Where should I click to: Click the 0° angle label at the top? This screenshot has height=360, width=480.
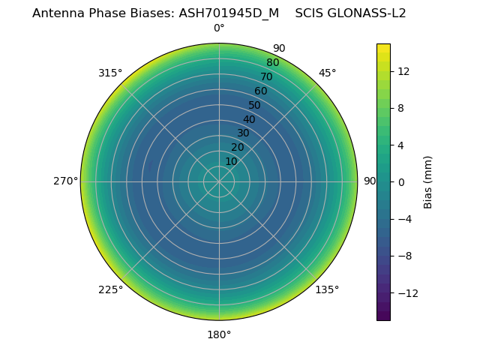pos(219,28)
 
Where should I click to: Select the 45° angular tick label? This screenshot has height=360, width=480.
pos(327,73)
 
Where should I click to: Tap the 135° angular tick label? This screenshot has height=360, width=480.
pos(327,289)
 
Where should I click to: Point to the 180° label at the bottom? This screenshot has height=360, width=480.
pos(219,334)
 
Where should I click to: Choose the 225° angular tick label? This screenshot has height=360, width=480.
pos(110,289)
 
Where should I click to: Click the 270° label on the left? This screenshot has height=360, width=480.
pos(65,181)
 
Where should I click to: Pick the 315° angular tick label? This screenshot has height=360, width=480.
pos(110,73)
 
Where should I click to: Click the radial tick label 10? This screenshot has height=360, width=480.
pos(231,161)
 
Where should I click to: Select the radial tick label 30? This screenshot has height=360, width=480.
pos(243,133)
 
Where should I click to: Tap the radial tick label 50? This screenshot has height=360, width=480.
pos(255,105)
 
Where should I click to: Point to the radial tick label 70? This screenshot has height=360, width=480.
pos(266,76)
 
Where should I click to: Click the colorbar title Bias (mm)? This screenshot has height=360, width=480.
pos(428,181)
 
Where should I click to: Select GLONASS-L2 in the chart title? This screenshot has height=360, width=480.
pos(366,13)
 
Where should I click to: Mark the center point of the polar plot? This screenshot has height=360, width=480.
pos(219,181)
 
